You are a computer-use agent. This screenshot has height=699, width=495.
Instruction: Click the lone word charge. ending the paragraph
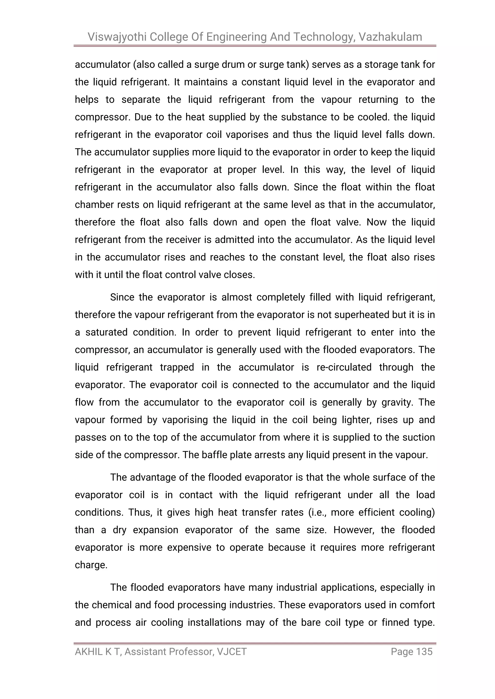click(x=91, y=565)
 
